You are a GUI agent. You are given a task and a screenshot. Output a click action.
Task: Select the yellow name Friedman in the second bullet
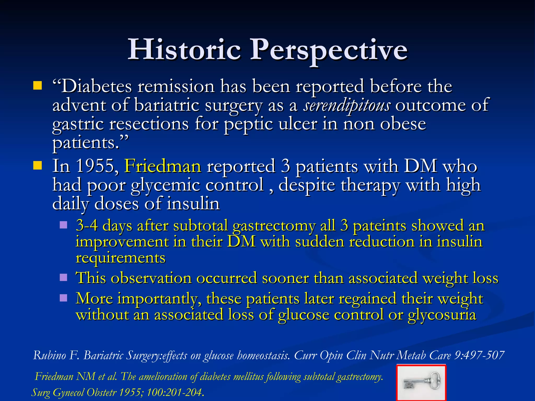[x=163, y=166]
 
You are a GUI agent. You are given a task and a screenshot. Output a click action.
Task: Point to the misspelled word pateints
[x=379, y=226]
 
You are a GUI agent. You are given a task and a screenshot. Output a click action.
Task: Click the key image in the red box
[x=421, y=383]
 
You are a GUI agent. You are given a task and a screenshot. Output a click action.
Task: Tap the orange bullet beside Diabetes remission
[x=37, y=86]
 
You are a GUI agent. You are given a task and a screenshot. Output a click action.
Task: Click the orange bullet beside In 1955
[x=37, y=166]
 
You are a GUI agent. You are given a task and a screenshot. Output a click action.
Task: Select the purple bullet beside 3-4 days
[x=63, y=225]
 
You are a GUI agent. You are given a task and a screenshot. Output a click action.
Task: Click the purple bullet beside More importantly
[x=63, y=298]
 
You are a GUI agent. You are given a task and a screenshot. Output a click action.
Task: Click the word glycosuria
[x=442, y=315]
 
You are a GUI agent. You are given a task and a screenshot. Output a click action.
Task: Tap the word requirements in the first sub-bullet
[x=120, y=258]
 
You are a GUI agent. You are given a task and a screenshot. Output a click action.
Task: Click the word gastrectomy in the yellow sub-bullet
[x=274, y=226]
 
